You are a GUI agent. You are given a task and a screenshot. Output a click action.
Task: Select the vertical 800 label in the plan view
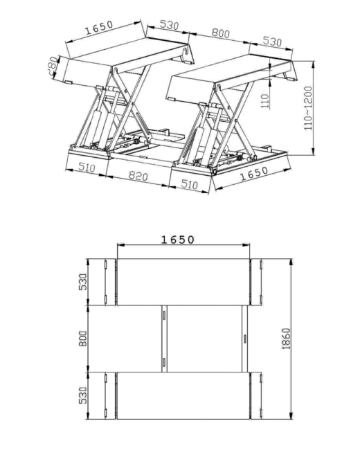83,338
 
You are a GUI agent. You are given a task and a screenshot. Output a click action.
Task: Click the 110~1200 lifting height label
307,111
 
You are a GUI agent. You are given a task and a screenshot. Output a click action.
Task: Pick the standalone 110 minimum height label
264,102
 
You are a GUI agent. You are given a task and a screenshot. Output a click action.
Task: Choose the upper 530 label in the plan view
83,282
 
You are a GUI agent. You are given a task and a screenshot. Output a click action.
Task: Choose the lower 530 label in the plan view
83,395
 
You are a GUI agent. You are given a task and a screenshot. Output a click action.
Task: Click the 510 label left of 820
87,168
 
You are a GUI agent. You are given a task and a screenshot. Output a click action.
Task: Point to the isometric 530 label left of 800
169,26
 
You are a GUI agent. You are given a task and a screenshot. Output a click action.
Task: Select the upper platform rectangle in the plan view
183,282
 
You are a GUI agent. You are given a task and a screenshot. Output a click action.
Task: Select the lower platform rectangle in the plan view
183,395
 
